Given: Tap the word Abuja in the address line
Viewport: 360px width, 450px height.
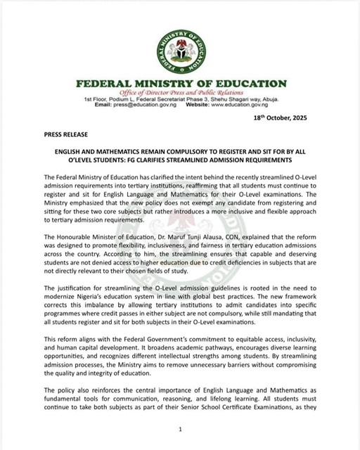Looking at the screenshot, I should [270, 100].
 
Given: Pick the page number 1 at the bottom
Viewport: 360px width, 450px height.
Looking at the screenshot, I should [180, 428].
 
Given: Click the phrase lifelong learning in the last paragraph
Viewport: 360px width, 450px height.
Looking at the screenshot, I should [238, 409].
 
